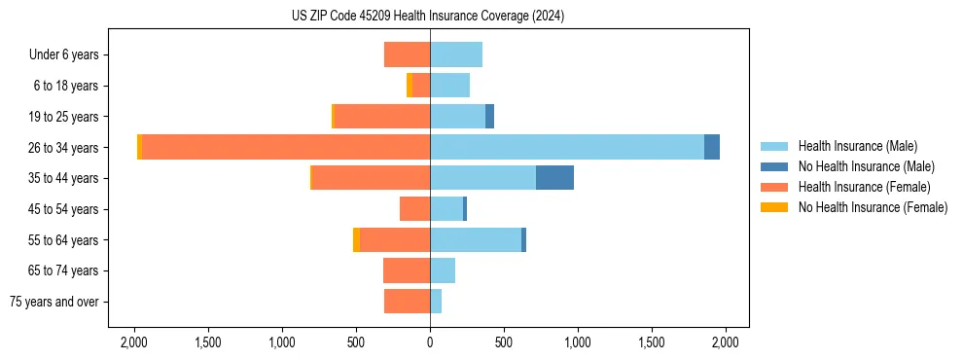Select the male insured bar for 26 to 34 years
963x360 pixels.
pos(567,147)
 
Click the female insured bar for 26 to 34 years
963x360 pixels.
pos(286,147)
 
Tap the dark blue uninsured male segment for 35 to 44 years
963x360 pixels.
pos(554,178)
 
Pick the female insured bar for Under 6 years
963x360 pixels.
pos(408,54)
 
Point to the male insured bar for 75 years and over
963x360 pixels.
pos(436,302)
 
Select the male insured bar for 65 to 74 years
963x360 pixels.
pos(443,270)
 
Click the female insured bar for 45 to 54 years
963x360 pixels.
pos(415,209)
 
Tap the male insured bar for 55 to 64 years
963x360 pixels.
pos(476,239)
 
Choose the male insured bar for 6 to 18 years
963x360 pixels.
pos(449,86)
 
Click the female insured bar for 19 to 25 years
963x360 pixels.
pos(382,116)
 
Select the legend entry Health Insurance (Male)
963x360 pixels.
pos(856,146)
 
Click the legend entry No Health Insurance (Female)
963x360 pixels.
pos(872,207)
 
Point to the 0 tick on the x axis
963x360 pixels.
pos(430,342)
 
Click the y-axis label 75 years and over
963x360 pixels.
pos(54,302)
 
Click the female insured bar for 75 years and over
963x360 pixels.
pos(408,302)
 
